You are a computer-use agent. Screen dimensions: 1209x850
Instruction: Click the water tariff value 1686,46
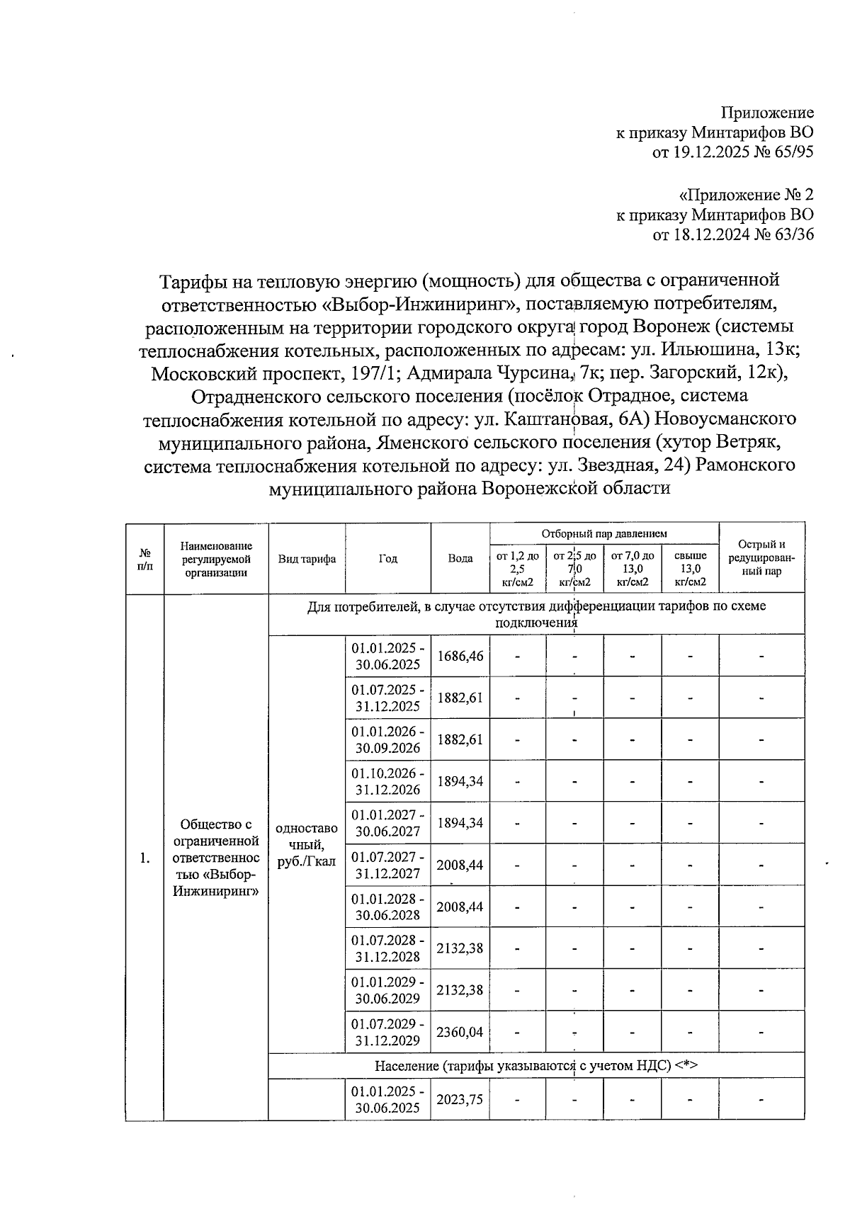(x=460, y=656)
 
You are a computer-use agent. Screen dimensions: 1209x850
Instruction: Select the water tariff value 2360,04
(x=460, y=1032)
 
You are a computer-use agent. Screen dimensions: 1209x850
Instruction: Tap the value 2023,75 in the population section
(x=460, y=1099)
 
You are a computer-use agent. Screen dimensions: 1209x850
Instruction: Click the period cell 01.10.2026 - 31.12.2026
(x=388, y=781)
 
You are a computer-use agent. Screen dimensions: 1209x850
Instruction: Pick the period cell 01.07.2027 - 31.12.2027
(x=388, y=865)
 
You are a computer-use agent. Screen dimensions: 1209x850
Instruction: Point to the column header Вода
(x=460, y=558)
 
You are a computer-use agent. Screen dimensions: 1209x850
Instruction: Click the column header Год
(x=388, y=558)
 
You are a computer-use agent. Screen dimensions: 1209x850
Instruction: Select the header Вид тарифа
(x=307, y=558)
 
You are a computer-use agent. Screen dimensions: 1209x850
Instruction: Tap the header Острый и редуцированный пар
(x=761, y=557)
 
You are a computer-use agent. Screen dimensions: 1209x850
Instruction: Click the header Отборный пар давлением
(x=604, y=533)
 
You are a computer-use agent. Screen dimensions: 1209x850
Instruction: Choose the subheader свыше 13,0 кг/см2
(x=691, y=568)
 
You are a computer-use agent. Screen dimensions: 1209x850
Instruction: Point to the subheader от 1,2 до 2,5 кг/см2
(x=517, y=568)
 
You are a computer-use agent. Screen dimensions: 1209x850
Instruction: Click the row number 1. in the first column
(x=145, y=858)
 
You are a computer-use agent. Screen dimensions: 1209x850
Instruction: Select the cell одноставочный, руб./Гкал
(x=307, y=844)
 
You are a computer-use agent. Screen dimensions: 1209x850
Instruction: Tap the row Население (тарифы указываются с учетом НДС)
(x=536, y=1065)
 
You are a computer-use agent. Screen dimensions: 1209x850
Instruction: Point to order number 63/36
(x=792, y=234)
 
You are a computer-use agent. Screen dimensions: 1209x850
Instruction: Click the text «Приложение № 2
(x=746, y=194)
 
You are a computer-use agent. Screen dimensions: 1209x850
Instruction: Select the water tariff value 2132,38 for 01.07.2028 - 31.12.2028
(x=460, y=948)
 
